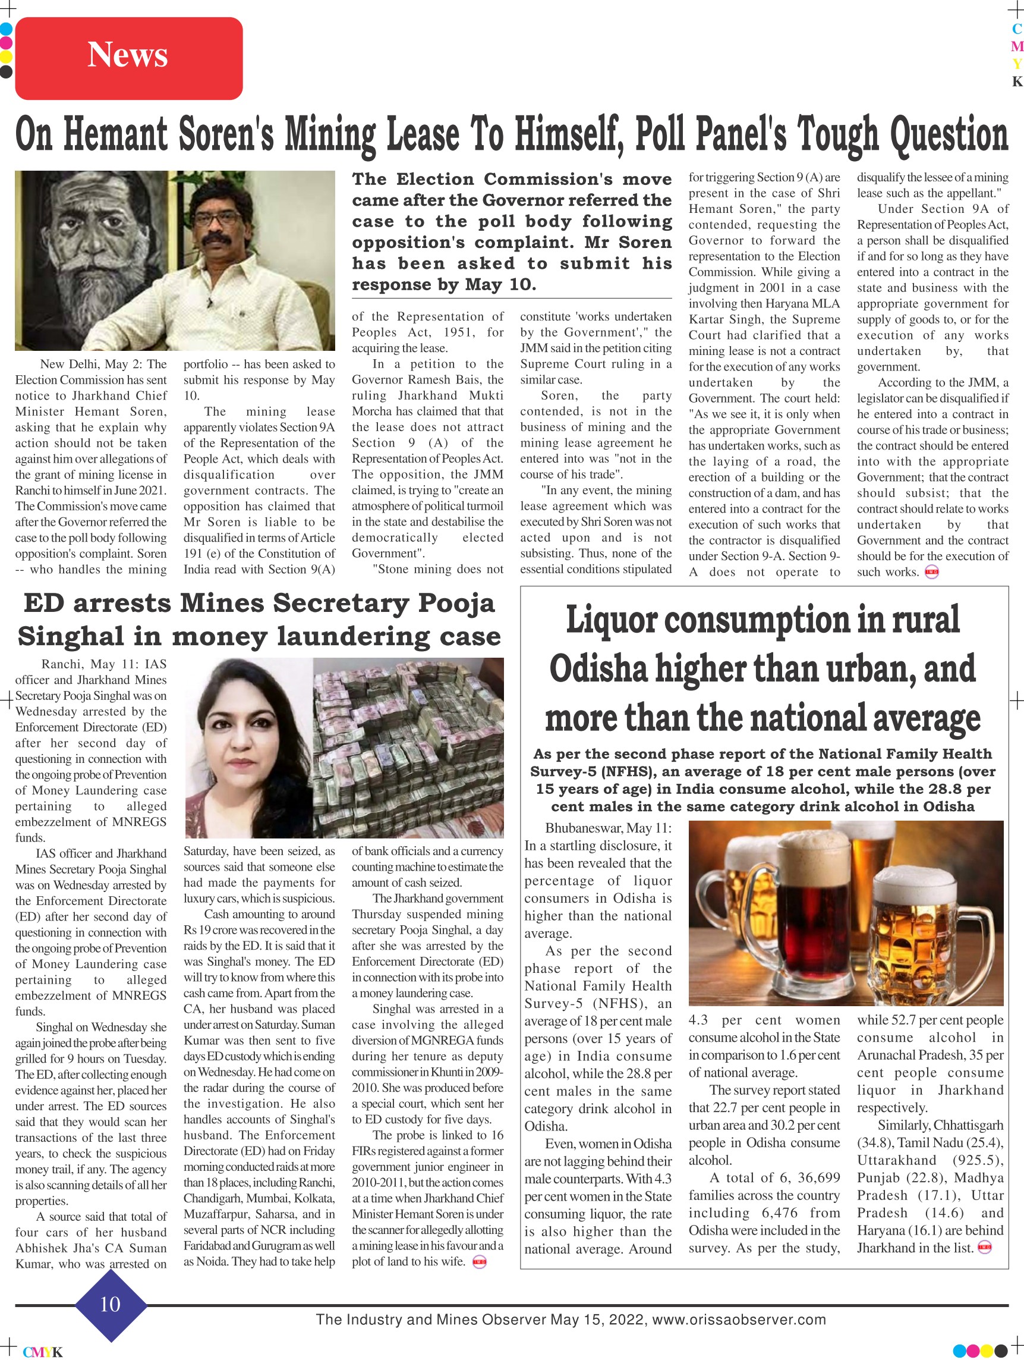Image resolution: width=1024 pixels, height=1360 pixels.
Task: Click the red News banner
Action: point(128,58)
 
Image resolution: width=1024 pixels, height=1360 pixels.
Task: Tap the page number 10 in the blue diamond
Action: point(110,1304)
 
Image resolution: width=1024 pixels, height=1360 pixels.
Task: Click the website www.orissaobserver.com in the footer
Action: point(739,1320)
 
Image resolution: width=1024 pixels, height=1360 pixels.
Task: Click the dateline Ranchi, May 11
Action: point(103,664)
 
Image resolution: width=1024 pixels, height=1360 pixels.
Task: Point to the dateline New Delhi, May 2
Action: point(103,364)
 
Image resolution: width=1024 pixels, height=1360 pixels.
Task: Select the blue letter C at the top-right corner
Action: point(1017,29)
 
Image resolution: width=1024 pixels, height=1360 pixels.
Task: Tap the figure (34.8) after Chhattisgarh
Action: point(875,1143)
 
